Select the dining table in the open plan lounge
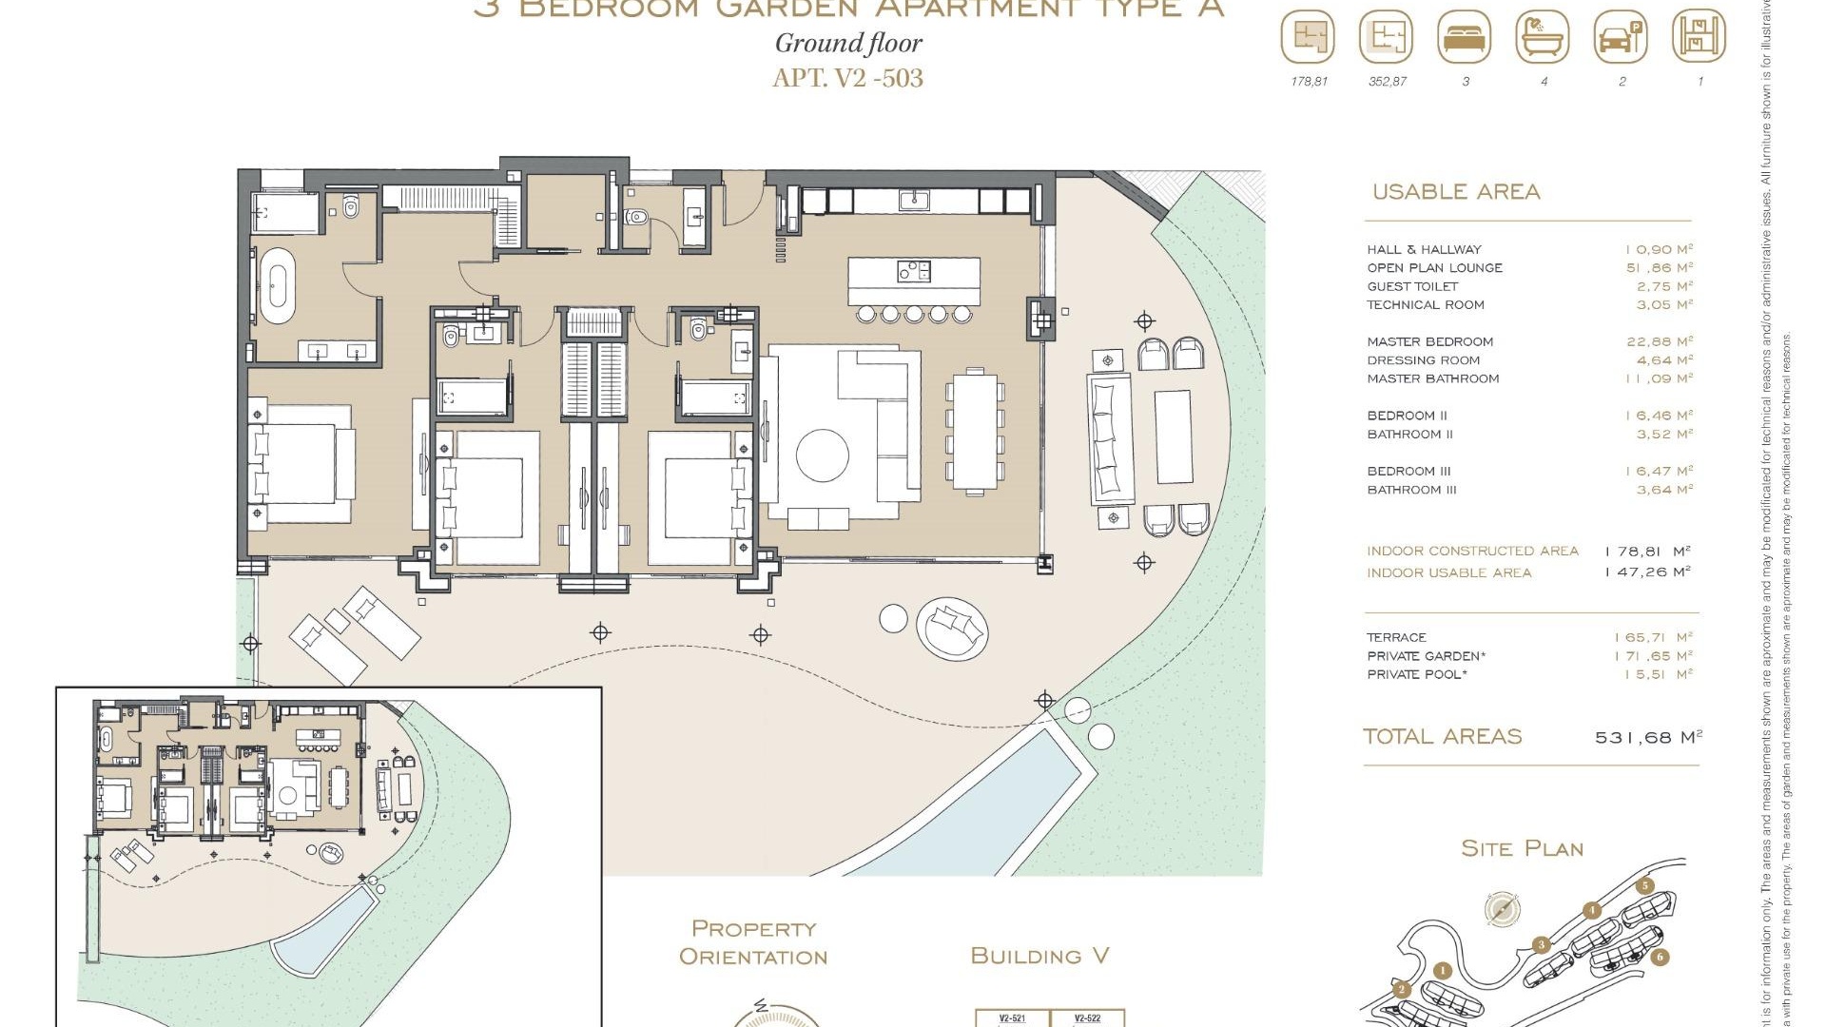975,432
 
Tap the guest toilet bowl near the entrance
638,218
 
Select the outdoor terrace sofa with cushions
1110,438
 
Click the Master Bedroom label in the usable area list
1429,341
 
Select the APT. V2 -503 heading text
847,77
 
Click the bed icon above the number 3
1465,38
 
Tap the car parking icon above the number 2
1621,38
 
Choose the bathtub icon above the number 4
1543,38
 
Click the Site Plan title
1522,848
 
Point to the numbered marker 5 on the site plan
1645,885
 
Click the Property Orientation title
753,942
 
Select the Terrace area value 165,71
1653,637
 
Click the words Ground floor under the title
848,44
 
